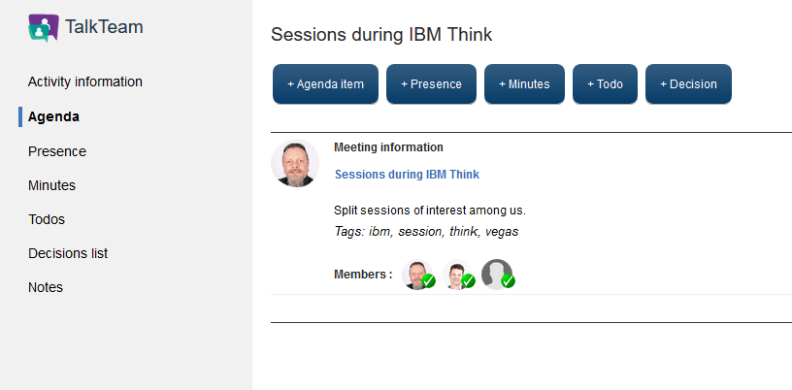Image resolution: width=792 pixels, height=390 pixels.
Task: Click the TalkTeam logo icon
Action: coord(44,27)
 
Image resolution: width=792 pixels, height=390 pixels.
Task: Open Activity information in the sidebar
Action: coord(84,81)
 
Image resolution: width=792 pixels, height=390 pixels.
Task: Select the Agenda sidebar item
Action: coord(53,116)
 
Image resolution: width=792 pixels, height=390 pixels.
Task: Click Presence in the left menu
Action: coord(57,151)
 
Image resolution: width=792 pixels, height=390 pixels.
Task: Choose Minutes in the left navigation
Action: coord(52,185)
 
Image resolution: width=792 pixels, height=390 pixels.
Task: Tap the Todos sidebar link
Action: coord(47,219)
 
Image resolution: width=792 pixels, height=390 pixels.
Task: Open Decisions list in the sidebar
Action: coord(68,253)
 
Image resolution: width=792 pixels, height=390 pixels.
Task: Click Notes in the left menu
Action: coord(46,287)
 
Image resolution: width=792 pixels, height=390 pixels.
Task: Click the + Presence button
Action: coord(431,83)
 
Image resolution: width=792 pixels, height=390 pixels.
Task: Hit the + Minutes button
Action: coord(524,83)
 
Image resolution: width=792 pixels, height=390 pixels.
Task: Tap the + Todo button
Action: coord(605,83)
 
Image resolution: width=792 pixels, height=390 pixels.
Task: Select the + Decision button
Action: coord(688,83)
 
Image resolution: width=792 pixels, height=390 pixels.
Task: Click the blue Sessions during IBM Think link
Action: coord(407,175)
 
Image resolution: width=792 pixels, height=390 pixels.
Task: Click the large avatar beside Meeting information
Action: coord(295,163)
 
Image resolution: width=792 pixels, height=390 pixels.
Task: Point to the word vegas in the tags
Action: coord(502,232)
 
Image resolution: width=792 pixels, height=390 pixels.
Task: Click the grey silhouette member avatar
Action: coord(497,275)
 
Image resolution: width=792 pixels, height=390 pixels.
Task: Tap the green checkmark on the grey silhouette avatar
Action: coord(508,281)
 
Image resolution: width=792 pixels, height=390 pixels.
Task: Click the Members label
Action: coord(363,275)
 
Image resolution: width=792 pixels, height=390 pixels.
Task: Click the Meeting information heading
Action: coord(388,147)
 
